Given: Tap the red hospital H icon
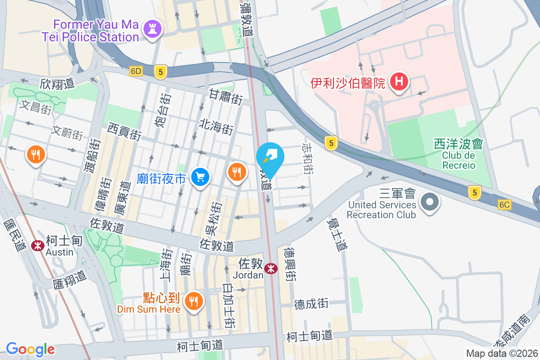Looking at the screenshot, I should click(398, 81).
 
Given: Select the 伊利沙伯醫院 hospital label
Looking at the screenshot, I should click(348, 83).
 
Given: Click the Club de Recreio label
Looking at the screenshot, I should click(458, 161).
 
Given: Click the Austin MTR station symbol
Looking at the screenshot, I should click(37, 246).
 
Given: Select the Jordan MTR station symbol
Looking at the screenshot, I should click(271, 269).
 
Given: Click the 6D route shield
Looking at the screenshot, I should click(136, 71).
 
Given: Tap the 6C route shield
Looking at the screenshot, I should click(505, 205).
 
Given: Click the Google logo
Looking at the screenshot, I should click(30, 349).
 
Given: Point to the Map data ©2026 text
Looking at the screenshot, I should click(502, 353).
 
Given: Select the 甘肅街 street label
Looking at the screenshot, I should click(226, 97).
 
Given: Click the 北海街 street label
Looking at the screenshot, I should click(216, 127).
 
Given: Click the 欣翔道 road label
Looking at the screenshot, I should click(57, 84).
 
